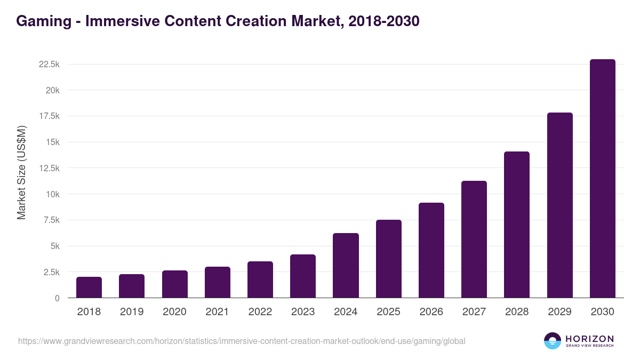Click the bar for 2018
[89, 287]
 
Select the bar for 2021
[218, 282]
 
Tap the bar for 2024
[346, 266]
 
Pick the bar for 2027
[474, 239]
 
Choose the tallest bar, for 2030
[602, 179]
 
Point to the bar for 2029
[559, 205]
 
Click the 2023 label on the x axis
[303, 312]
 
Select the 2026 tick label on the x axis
[431, 312]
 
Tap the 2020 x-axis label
[174, 312]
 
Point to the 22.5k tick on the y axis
[49, 64]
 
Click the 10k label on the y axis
[52, 194]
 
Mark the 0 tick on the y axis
[57, 298]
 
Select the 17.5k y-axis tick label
[49, 116]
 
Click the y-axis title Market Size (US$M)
[21, 172]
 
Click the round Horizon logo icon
[553, 341]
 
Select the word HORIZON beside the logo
[589, 339]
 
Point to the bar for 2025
[388, 259]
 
